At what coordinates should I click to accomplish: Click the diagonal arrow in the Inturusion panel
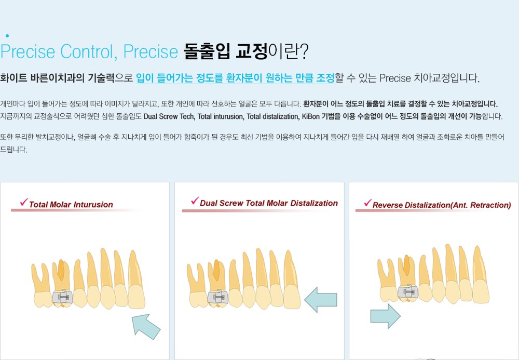[146, 327]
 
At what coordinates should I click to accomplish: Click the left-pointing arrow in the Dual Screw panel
[320, 300]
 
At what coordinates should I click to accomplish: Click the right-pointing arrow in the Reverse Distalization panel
[385, 316]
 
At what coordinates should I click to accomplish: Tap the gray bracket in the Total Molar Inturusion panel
[63, 297]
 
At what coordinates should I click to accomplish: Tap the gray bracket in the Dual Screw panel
[218, 297]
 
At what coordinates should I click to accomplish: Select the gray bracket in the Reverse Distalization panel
[408, 292]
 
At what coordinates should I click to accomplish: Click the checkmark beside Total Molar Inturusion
[24, 202]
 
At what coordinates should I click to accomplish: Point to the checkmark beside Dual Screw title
[195, 201]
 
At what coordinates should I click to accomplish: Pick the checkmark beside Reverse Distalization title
[368, 203]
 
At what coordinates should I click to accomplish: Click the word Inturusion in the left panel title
[93, 205]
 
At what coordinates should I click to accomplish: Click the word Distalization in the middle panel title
[314, 203]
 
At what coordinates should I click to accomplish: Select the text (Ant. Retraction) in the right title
[481, 205]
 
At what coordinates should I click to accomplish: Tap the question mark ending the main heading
[304, 51]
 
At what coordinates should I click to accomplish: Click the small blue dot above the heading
[7, 36]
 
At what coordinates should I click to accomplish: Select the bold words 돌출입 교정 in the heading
[225, 51]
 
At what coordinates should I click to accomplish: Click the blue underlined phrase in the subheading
[235, 78]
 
